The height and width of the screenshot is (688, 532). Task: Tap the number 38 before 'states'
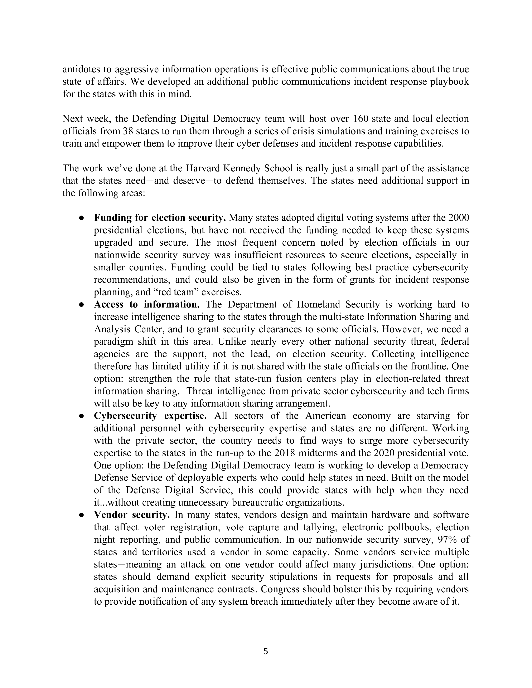coord(128,131)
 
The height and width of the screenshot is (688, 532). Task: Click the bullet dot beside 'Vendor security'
coord(81,515)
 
